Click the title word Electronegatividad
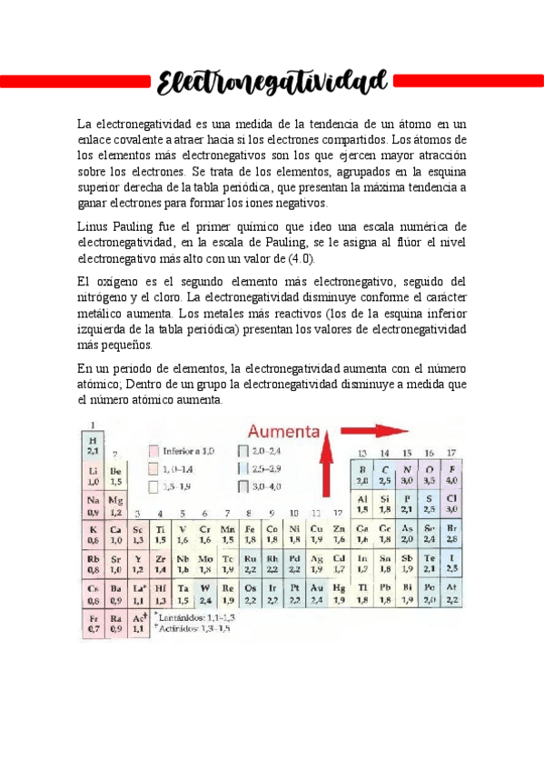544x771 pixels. (272, 83)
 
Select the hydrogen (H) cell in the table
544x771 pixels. (93, 446)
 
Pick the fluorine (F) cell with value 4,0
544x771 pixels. (451, 475)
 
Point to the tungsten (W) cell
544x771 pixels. (205, 594)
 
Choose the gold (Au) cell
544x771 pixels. (317, 594)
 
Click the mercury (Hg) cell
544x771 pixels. (339, 594)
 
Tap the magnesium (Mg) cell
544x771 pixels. (115, 505)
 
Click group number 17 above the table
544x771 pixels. (451, 452)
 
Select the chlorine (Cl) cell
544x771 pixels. (451, 505)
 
